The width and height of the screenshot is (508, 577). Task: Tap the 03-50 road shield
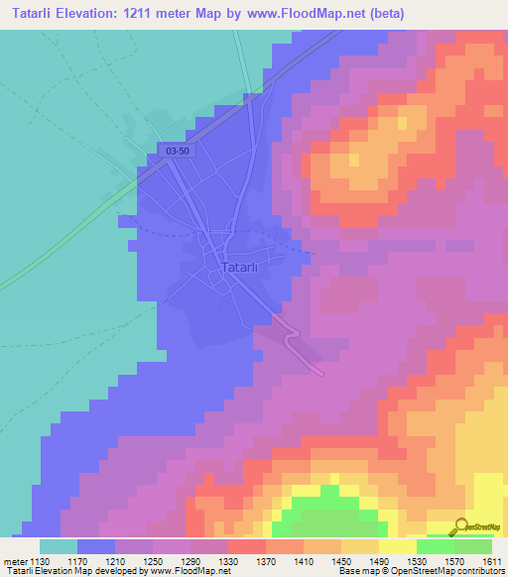click(x=179, y=150)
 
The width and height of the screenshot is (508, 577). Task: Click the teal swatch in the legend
click(x=58, y=546)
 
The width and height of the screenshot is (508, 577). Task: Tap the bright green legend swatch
click(x=435, y=546)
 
